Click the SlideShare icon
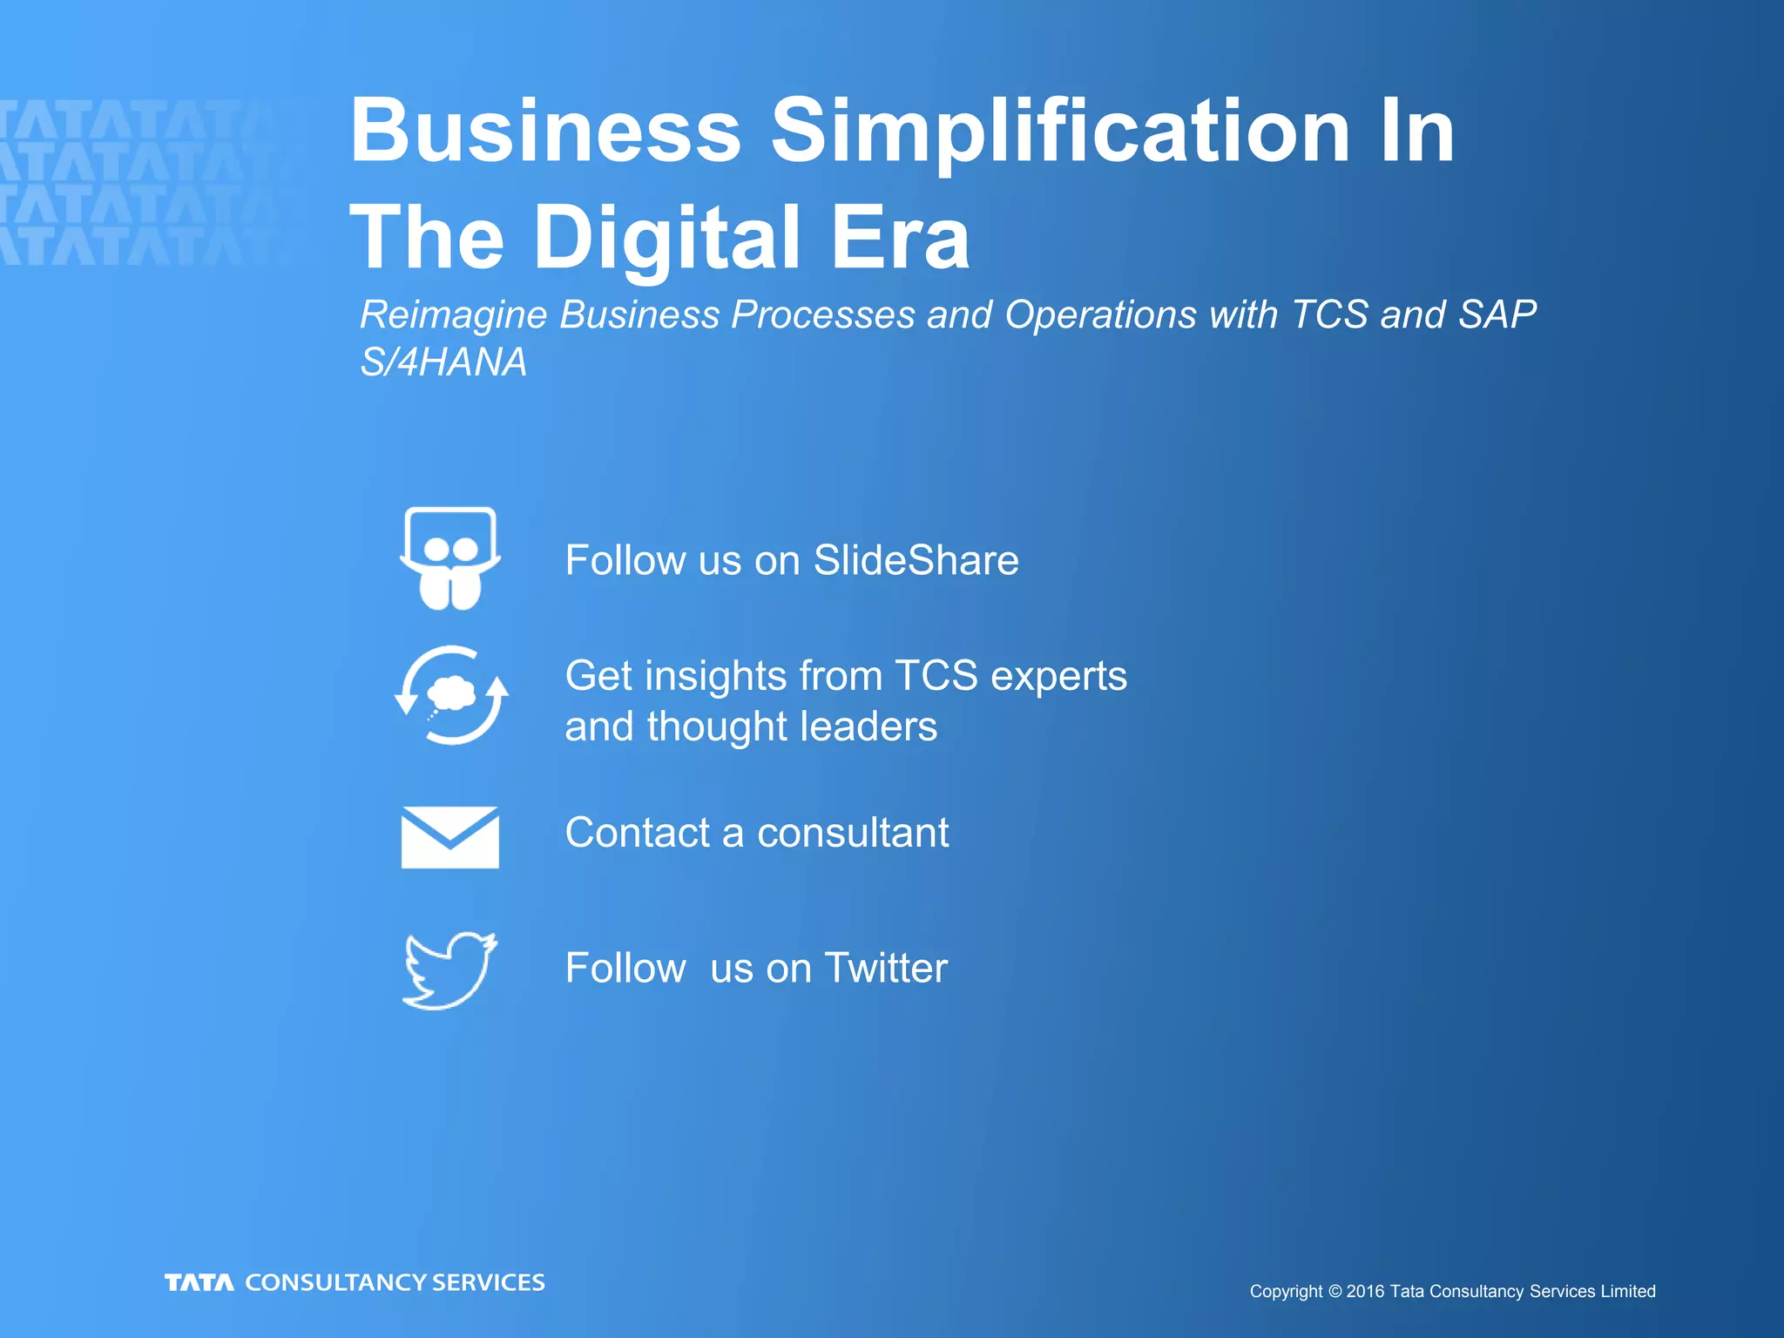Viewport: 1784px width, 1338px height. click(449, 558)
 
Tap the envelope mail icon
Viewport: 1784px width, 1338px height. click(449, 837)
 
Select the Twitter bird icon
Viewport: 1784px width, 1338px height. click(449, 970)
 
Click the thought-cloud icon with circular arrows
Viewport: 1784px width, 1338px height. click(451, 695)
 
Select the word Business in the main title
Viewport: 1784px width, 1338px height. click(545, 131)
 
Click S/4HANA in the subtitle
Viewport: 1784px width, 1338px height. click(443, 362)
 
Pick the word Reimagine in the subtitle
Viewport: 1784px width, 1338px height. click(453, 315)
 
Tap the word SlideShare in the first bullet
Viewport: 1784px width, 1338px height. click(916, 560)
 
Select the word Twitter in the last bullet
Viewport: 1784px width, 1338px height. click(885, 968)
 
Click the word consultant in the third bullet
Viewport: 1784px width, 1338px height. click(852, 833)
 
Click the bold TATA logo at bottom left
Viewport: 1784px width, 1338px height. click(199, 1282)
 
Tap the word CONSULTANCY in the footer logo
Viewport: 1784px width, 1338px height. click(335, 1282)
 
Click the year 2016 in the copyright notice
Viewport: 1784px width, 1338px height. click(1365, 1292)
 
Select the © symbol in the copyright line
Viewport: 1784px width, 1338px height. click(1335, 1292)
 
